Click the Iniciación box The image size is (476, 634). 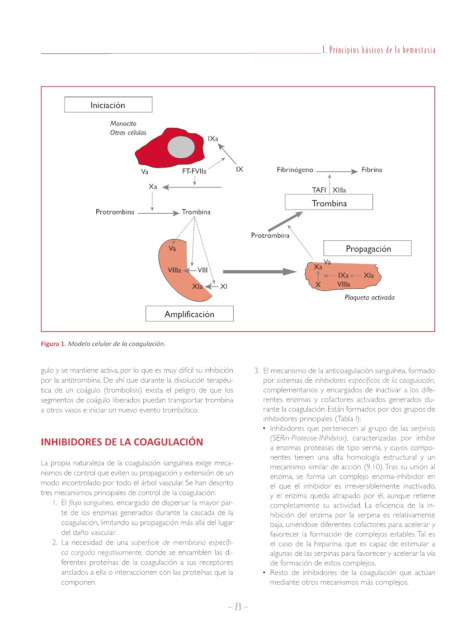point(108,105)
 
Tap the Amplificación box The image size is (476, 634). point(189,314)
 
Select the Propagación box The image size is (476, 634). point(368,249)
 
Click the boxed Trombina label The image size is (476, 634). point(329,203)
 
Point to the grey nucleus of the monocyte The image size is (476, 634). point(181,146)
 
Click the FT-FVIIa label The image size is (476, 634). point(194,171)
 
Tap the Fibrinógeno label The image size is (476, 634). point(295,170)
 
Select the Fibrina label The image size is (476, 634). point(372,170)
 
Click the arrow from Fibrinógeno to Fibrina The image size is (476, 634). point(337,171)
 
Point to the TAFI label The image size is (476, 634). point(319,190)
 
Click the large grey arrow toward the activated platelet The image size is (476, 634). point(259,272)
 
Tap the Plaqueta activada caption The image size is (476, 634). point(369,297)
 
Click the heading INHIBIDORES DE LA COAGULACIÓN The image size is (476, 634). point(122,442)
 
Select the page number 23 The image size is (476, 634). point(238,607)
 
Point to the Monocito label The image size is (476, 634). point(123,123)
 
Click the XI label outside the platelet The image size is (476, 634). point(224,286)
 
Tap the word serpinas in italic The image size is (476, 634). point(423,428)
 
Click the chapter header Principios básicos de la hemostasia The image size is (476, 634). point(379,50)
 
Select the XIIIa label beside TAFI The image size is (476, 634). point(339,190)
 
